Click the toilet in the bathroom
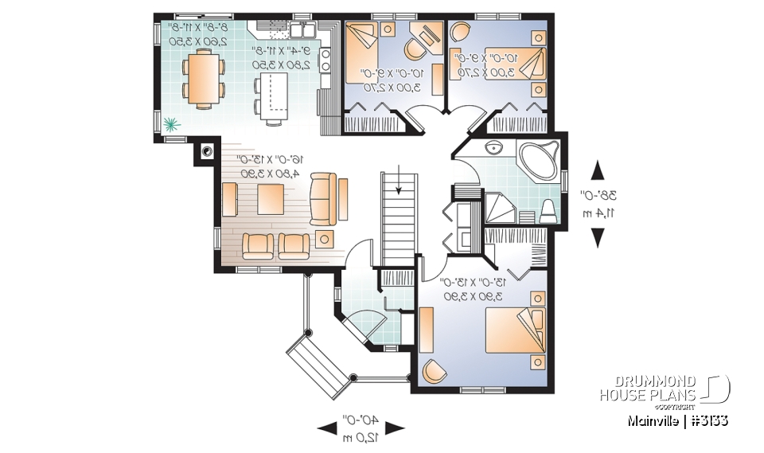(x=548, y=213)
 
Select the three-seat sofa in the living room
(x=322, y=199)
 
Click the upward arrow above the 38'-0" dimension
(x=596, y=171)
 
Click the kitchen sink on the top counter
(x=301, y=31)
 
